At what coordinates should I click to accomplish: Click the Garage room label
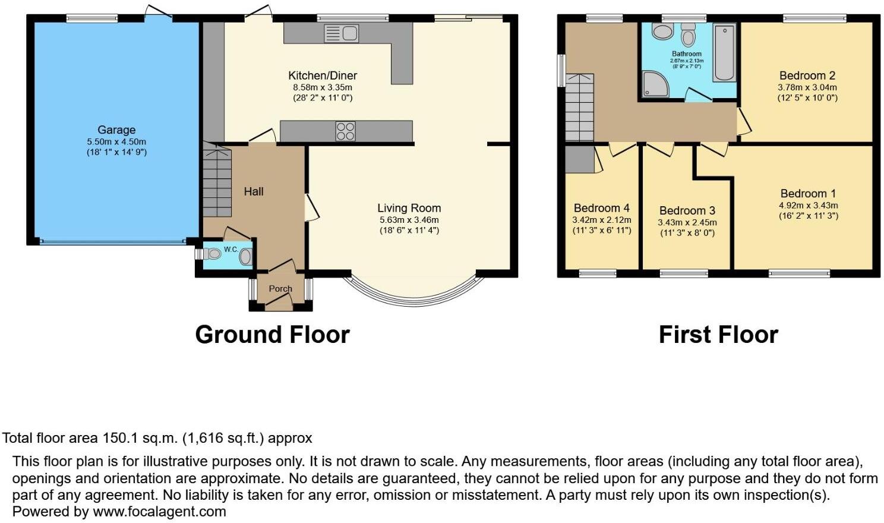(x=116, y=130)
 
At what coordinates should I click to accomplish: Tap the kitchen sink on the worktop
(x=342, y=33)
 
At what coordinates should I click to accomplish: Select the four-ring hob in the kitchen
(x=345, y=131)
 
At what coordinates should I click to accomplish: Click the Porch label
(x=280, y=288)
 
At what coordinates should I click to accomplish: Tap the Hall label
(x=253, y=192)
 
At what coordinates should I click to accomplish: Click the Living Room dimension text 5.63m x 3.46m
(x=409, y=220)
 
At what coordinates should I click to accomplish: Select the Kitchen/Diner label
(x=323, y=75)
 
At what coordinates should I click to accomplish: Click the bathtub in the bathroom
(x=725, y=52)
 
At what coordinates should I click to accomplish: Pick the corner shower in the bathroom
(x=655, y=84)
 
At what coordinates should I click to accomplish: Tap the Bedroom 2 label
(x=807, y=75)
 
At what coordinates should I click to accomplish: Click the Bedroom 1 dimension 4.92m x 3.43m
(x=808, y=205)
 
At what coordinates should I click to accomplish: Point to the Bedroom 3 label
(x=687, y=211)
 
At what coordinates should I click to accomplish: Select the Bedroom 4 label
(x=601, y=208)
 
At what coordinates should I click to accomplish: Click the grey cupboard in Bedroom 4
(x=579, y=159)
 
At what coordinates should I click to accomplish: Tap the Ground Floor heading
(x=272, y=335)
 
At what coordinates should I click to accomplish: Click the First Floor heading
(x=718, y=335)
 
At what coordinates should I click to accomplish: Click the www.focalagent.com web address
(x=159, y=512)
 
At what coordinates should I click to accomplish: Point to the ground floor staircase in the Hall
(x=217, y=179)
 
